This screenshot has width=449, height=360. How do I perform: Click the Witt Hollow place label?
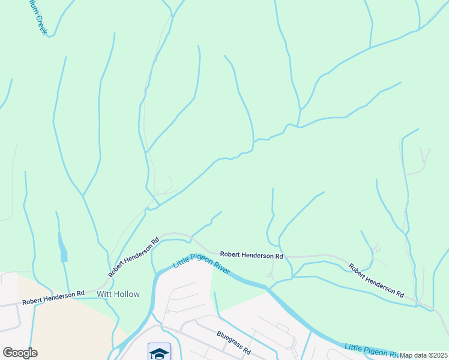click(x=118, y=294)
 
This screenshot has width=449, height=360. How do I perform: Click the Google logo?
click(x=20, y=353)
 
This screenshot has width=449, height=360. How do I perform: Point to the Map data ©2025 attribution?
click(x=423, y=355)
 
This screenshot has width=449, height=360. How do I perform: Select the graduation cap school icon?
click(x=159, y=353)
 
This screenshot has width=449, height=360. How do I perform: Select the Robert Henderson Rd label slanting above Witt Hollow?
click(x=134, y=257)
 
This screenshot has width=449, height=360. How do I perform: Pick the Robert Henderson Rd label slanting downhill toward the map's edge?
click(x=376, y=280)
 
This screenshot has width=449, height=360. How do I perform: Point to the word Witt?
click(x=103, y=294)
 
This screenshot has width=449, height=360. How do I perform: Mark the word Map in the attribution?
click(x=407, y=355)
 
